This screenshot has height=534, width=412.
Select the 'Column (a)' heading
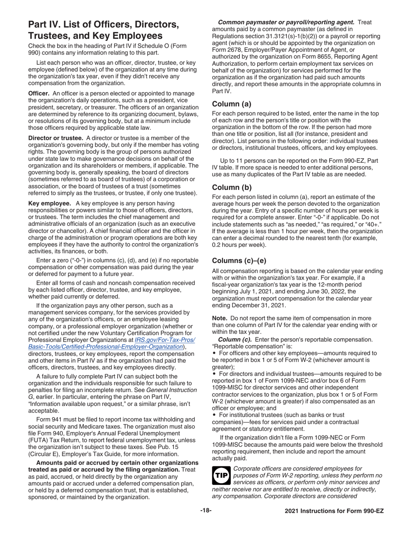pyautogui.click(x=231, y=104)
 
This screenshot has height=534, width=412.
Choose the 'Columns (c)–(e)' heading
pyautogui.click(x=241, y=260)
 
